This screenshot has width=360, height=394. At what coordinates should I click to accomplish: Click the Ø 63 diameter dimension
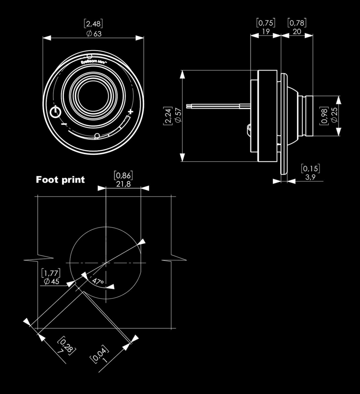(x=94, y=34)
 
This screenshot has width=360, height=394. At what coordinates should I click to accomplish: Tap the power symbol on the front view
(x=55, y=112)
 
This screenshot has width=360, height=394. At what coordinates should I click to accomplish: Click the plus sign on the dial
(x=130, y=112)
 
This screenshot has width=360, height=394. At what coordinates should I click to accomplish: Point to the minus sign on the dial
(x=64, y=124)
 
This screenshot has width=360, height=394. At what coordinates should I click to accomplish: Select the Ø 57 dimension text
(x=178, y=115)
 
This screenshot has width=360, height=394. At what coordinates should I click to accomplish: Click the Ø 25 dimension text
(x=334, y=115)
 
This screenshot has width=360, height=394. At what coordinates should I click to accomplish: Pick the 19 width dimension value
(x=266, y=31)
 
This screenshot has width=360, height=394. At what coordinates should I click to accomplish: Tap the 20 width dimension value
(x=297, y=31)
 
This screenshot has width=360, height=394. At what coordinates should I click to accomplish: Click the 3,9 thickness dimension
(x=310, y=177)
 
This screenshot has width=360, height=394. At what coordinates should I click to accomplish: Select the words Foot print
(x=60, y=180)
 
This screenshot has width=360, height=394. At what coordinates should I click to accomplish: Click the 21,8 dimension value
(x=123, y=184)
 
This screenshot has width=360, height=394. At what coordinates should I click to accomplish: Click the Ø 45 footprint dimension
(x=51, y=281)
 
